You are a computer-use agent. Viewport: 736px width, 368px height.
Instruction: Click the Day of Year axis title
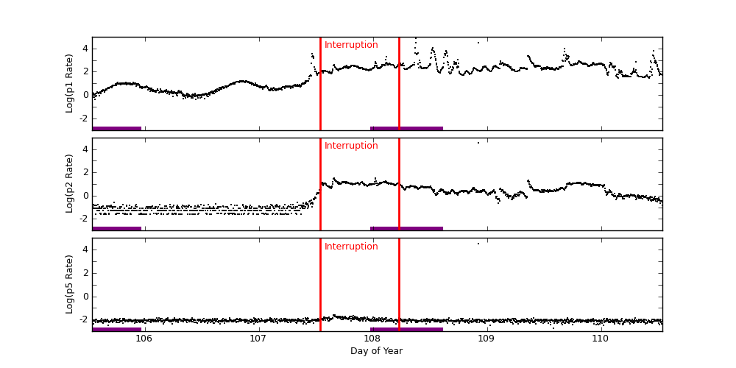click(376, 351)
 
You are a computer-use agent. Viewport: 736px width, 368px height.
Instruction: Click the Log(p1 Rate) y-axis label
click(70, 83)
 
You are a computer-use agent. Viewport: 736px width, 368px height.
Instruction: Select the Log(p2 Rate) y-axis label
click(70, 183)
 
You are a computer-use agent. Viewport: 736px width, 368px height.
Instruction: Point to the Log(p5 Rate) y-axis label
click(70, 284)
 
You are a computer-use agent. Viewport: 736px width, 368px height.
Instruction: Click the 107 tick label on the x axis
click(258, 339)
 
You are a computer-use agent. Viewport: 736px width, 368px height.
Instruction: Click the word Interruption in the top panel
click(351, 45)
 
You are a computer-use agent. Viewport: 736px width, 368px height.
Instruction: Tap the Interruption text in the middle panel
click(351, 146)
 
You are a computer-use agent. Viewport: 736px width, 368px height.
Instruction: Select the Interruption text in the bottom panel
click(351, 247)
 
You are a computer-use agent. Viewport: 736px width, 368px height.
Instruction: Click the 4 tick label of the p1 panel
click(85, 49)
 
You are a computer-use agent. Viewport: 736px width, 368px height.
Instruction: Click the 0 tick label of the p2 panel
click(85, 195)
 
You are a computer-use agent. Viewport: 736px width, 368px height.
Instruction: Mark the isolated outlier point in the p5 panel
click(478, 244)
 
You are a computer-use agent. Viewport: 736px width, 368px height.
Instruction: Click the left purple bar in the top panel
click(116, 128)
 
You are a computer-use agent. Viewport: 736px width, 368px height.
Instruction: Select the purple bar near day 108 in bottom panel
click(406, 329)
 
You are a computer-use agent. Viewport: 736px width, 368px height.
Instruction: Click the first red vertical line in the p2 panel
click(320, 184)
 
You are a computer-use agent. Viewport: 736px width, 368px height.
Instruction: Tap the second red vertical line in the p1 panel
click(399, 83)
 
